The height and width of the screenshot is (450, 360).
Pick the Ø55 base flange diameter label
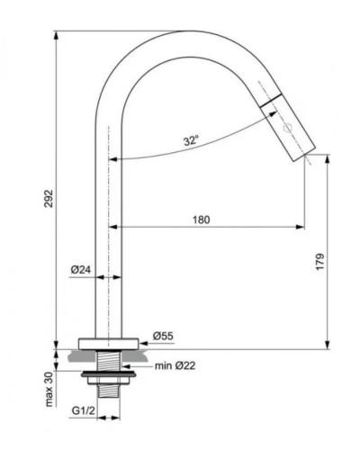pyautogui.click(x=162, y=336)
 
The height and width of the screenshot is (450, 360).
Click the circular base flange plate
pyautogui.click(x=109, y=342)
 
